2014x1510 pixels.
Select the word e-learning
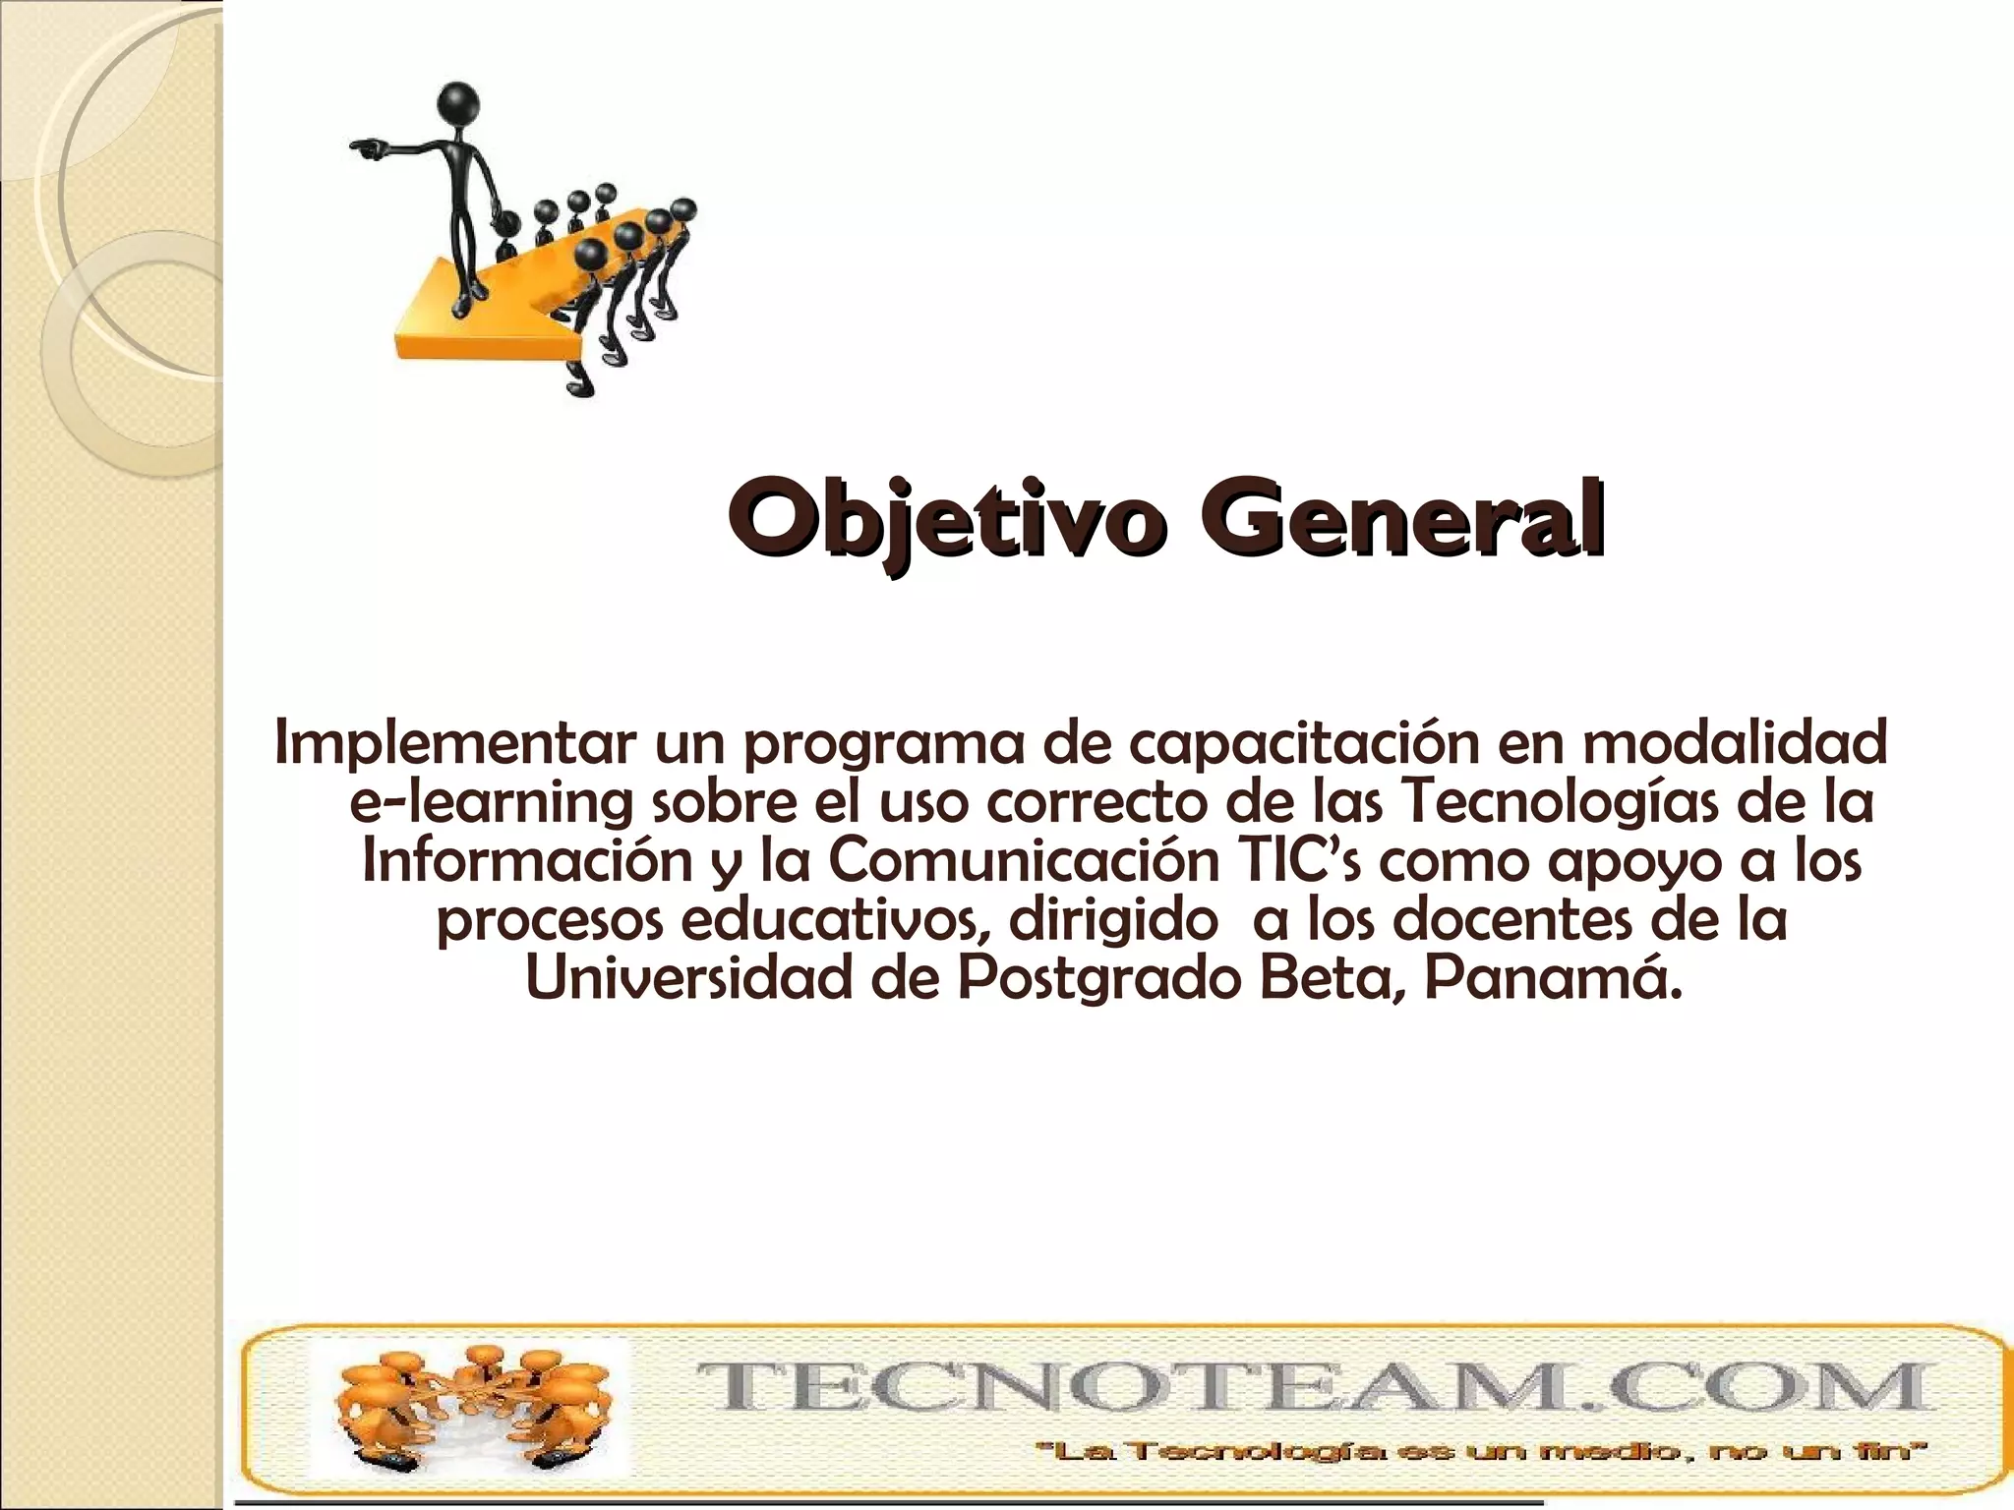click(x=491, y=803)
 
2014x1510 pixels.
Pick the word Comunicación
click(x=1024, y=861)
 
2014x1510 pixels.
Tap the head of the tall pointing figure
click(x=458, y=101)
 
